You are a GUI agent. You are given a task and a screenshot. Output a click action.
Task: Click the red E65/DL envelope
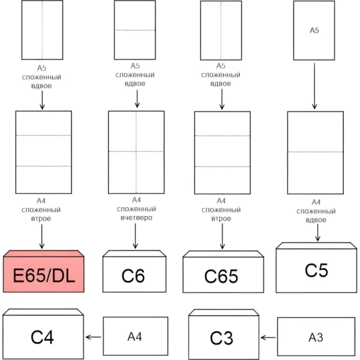point(44,274)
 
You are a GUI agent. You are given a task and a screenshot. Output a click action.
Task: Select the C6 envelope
point(134,275)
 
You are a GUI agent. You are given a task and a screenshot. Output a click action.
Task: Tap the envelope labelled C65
point(222,275)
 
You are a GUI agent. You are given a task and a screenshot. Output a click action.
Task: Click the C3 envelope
point(222,337)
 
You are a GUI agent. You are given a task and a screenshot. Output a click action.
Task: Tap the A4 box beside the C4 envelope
point(135,337)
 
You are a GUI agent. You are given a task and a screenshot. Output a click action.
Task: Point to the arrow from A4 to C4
point(93,337)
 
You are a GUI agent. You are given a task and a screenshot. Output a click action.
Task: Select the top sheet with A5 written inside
point(314,30)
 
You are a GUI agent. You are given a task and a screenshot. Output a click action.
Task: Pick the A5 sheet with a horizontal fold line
point(135,30)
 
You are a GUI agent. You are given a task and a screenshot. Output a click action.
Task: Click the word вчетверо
point(136,219)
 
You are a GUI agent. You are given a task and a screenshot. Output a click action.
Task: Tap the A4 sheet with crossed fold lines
point(136,151)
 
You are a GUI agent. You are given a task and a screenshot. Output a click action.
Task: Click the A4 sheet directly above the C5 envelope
point(316,152)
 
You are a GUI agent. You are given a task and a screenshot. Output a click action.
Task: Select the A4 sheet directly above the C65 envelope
point(222,152)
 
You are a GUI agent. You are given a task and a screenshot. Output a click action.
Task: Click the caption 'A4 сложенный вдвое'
point(316,211)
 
